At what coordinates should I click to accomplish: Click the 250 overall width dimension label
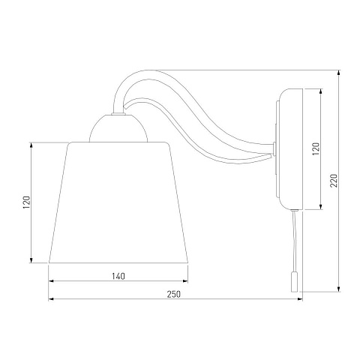(173, 294)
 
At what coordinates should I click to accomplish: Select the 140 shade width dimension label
(118, 276)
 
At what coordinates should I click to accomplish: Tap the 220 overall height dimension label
(334, 180)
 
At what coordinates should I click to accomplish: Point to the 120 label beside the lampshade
(26, 202)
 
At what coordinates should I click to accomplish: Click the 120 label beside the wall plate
(316, 148)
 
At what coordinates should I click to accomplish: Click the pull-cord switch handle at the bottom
(294, 282)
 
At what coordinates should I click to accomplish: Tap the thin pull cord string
(294, 241)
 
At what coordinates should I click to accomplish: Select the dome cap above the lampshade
(118, 128)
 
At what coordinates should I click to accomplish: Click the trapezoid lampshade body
(118, 202)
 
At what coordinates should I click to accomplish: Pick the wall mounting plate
(290, 148)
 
